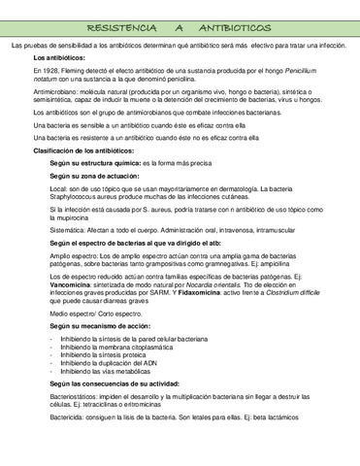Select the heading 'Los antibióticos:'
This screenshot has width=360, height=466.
60,59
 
